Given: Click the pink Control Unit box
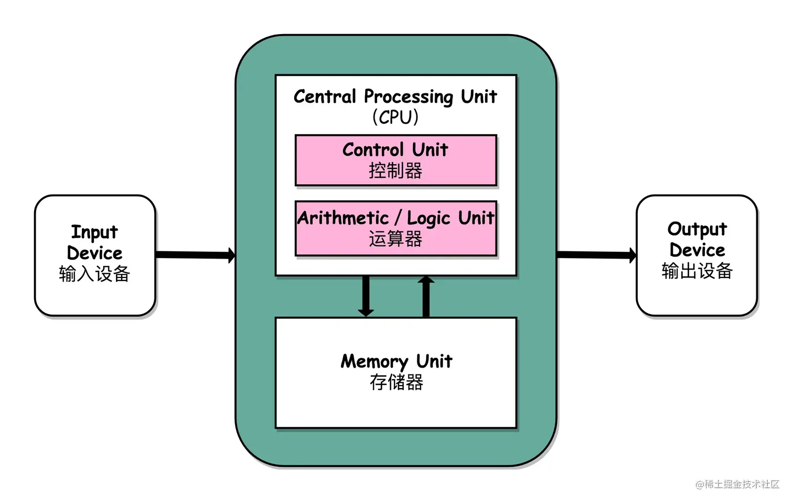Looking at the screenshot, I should click(x=395, y=160).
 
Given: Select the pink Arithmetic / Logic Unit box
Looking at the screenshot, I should click(x=395, y=228).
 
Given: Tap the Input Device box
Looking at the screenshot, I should click(x=95, y=255).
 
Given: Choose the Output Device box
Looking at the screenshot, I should click(x=696, y=255).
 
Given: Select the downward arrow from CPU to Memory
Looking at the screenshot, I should click(x=366, y=296).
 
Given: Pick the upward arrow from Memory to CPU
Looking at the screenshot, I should click(x=426, y=297).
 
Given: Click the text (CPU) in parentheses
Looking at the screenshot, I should click(x=395, y=116).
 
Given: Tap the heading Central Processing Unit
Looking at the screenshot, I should click(x=395, y=97).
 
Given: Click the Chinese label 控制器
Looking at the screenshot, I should click(x=395, y=170).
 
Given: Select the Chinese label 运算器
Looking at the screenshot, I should click(x=395, y=239).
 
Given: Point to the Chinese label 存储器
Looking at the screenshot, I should click(x=396, y=382).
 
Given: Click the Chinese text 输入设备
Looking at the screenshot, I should click(x=94, y=274).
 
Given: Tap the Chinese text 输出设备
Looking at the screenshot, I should click(x=697, y=271).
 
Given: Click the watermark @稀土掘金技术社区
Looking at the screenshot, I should click(x=737, y=484).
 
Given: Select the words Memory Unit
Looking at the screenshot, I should click(x=396, y=361).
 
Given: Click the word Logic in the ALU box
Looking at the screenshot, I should click(x=428, y=218).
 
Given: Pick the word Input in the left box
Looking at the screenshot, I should click(x=94, y=232).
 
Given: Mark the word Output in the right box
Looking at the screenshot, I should click(x=697, y=229).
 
